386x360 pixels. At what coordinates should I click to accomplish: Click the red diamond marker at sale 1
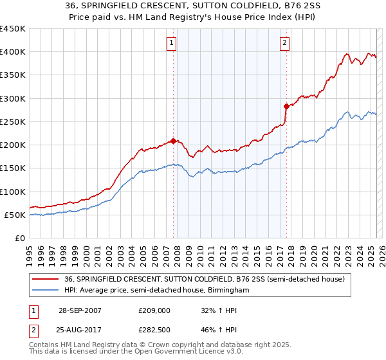(174, 141)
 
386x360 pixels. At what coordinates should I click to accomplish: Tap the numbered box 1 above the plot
(172, 44)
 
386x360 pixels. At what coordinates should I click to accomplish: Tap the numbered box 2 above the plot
(284, 44)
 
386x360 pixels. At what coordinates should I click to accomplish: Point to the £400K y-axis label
(13, 52)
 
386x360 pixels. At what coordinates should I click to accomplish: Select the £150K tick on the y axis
(13, 168)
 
